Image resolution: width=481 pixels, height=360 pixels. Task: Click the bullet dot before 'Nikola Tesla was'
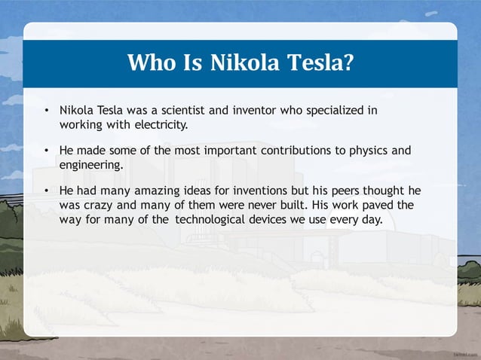tap(47, 111)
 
